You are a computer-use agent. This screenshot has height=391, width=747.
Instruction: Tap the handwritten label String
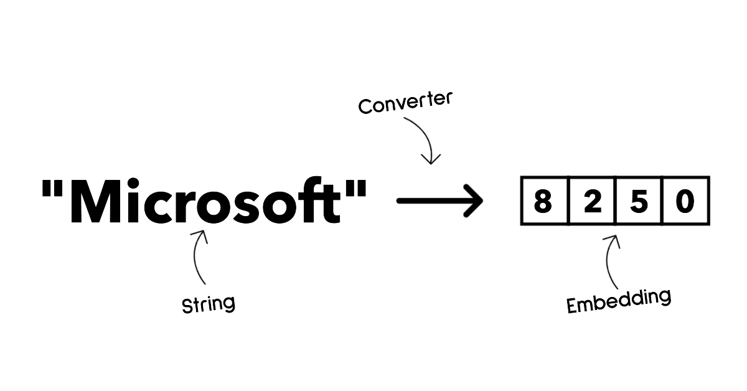click(x=208, y=304)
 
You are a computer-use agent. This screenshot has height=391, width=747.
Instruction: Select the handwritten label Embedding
click(x=619, y=300)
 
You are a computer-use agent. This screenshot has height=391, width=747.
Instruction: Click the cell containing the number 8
click(x=543, y=201)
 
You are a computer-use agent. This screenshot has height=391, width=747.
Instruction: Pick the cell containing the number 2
click(x=591, y=201)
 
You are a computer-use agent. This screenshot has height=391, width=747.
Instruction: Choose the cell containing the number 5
click(x=638, y=201)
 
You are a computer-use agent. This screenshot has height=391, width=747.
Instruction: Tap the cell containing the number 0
click(x=685, y=201)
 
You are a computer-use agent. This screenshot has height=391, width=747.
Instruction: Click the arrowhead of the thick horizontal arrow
click(x=473, y=201)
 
